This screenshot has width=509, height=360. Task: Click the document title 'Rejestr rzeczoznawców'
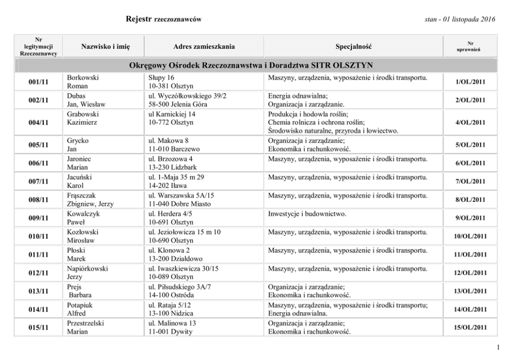163,20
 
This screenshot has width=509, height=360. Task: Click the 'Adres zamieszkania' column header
204,47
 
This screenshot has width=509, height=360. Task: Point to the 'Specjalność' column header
354,47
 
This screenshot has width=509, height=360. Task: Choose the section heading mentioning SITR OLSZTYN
251,65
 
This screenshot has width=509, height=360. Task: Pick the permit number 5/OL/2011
470,145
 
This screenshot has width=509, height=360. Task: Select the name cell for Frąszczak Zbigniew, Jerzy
90,200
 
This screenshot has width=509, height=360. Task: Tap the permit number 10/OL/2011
470,236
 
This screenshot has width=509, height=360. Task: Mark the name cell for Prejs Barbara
79,291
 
